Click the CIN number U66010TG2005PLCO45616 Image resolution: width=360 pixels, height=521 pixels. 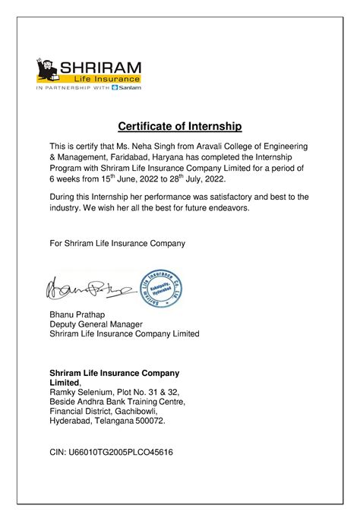pyautogui.click(x=111, y=452)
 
